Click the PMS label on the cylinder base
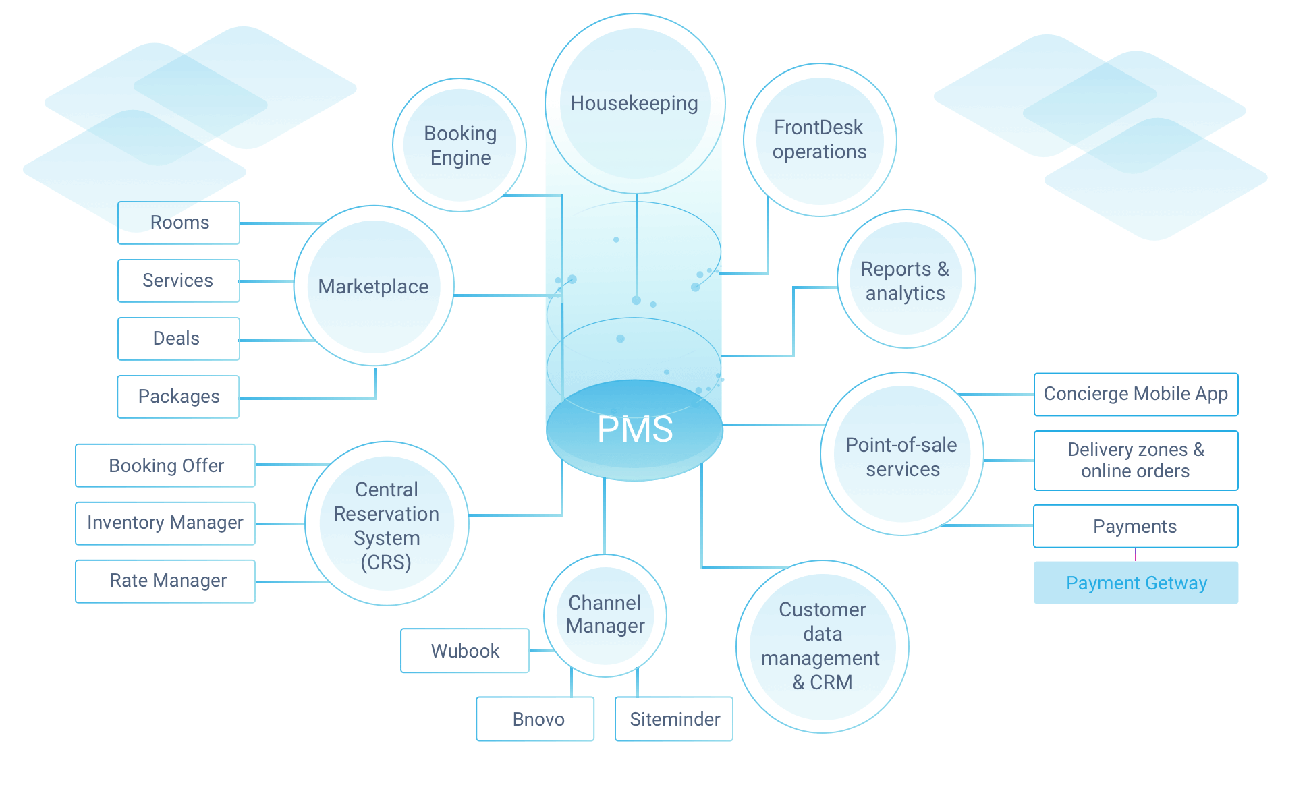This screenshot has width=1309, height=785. tap(635, 429)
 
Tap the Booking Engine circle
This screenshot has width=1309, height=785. tap(460, 145)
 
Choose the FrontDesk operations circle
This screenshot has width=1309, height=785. tap(819, 140)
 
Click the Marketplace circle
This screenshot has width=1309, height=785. tap(374, 287)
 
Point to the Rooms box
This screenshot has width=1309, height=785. tap(179, 223)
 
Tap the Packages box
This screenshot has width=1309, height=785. tap(179, 397)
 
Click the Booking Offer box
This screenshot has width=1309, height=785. tap(165, 465)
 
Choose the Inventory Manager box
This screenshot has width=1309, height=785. tap(165, 523)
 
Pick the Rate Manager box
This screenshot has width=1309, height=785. tap(165, 581)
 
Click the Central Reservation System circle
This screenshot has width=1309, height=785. tap(387, 524)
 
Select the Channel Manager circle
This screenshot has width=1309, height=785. tap(605, 614)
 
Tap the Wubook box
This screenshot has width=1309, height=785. tap(465, 651)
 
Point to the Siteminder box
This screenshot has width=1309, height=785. tap(674, 719)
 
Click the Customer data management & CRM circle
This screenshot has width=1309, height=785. tap(822, 646)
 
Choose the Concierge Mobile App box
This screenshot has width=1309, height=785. tap(1136, 394)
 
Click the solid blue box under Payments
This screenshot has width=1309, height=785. tap(1136, 582)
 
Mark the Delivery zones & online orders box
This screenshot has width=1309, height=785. tap(1136, 460)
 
